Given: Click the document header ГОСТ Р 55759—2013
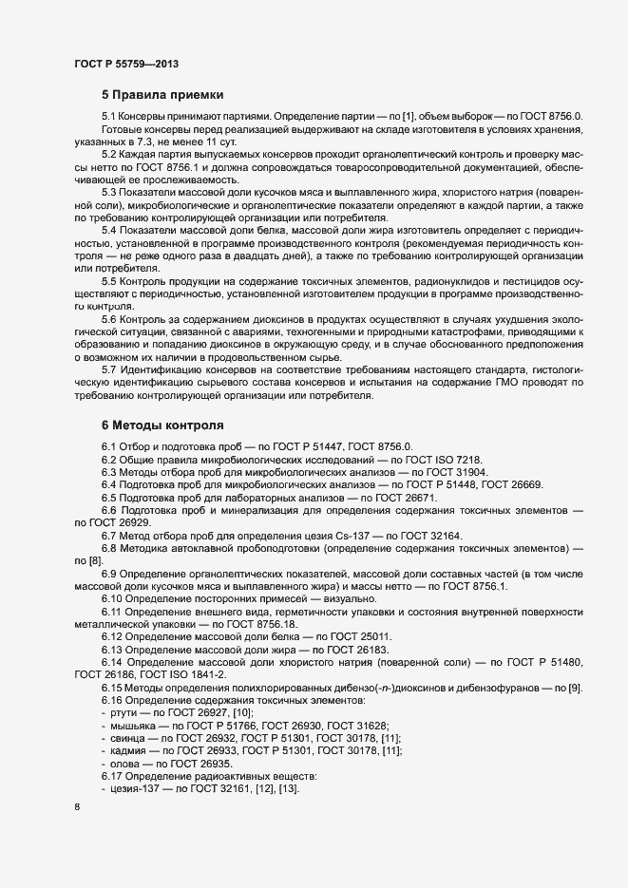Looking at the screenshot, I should pos(126,64).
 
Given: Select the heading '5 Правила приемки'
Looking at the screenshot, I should pos(162,95).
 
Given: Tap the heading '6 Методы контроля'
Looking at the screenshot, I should pos(162,425).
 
